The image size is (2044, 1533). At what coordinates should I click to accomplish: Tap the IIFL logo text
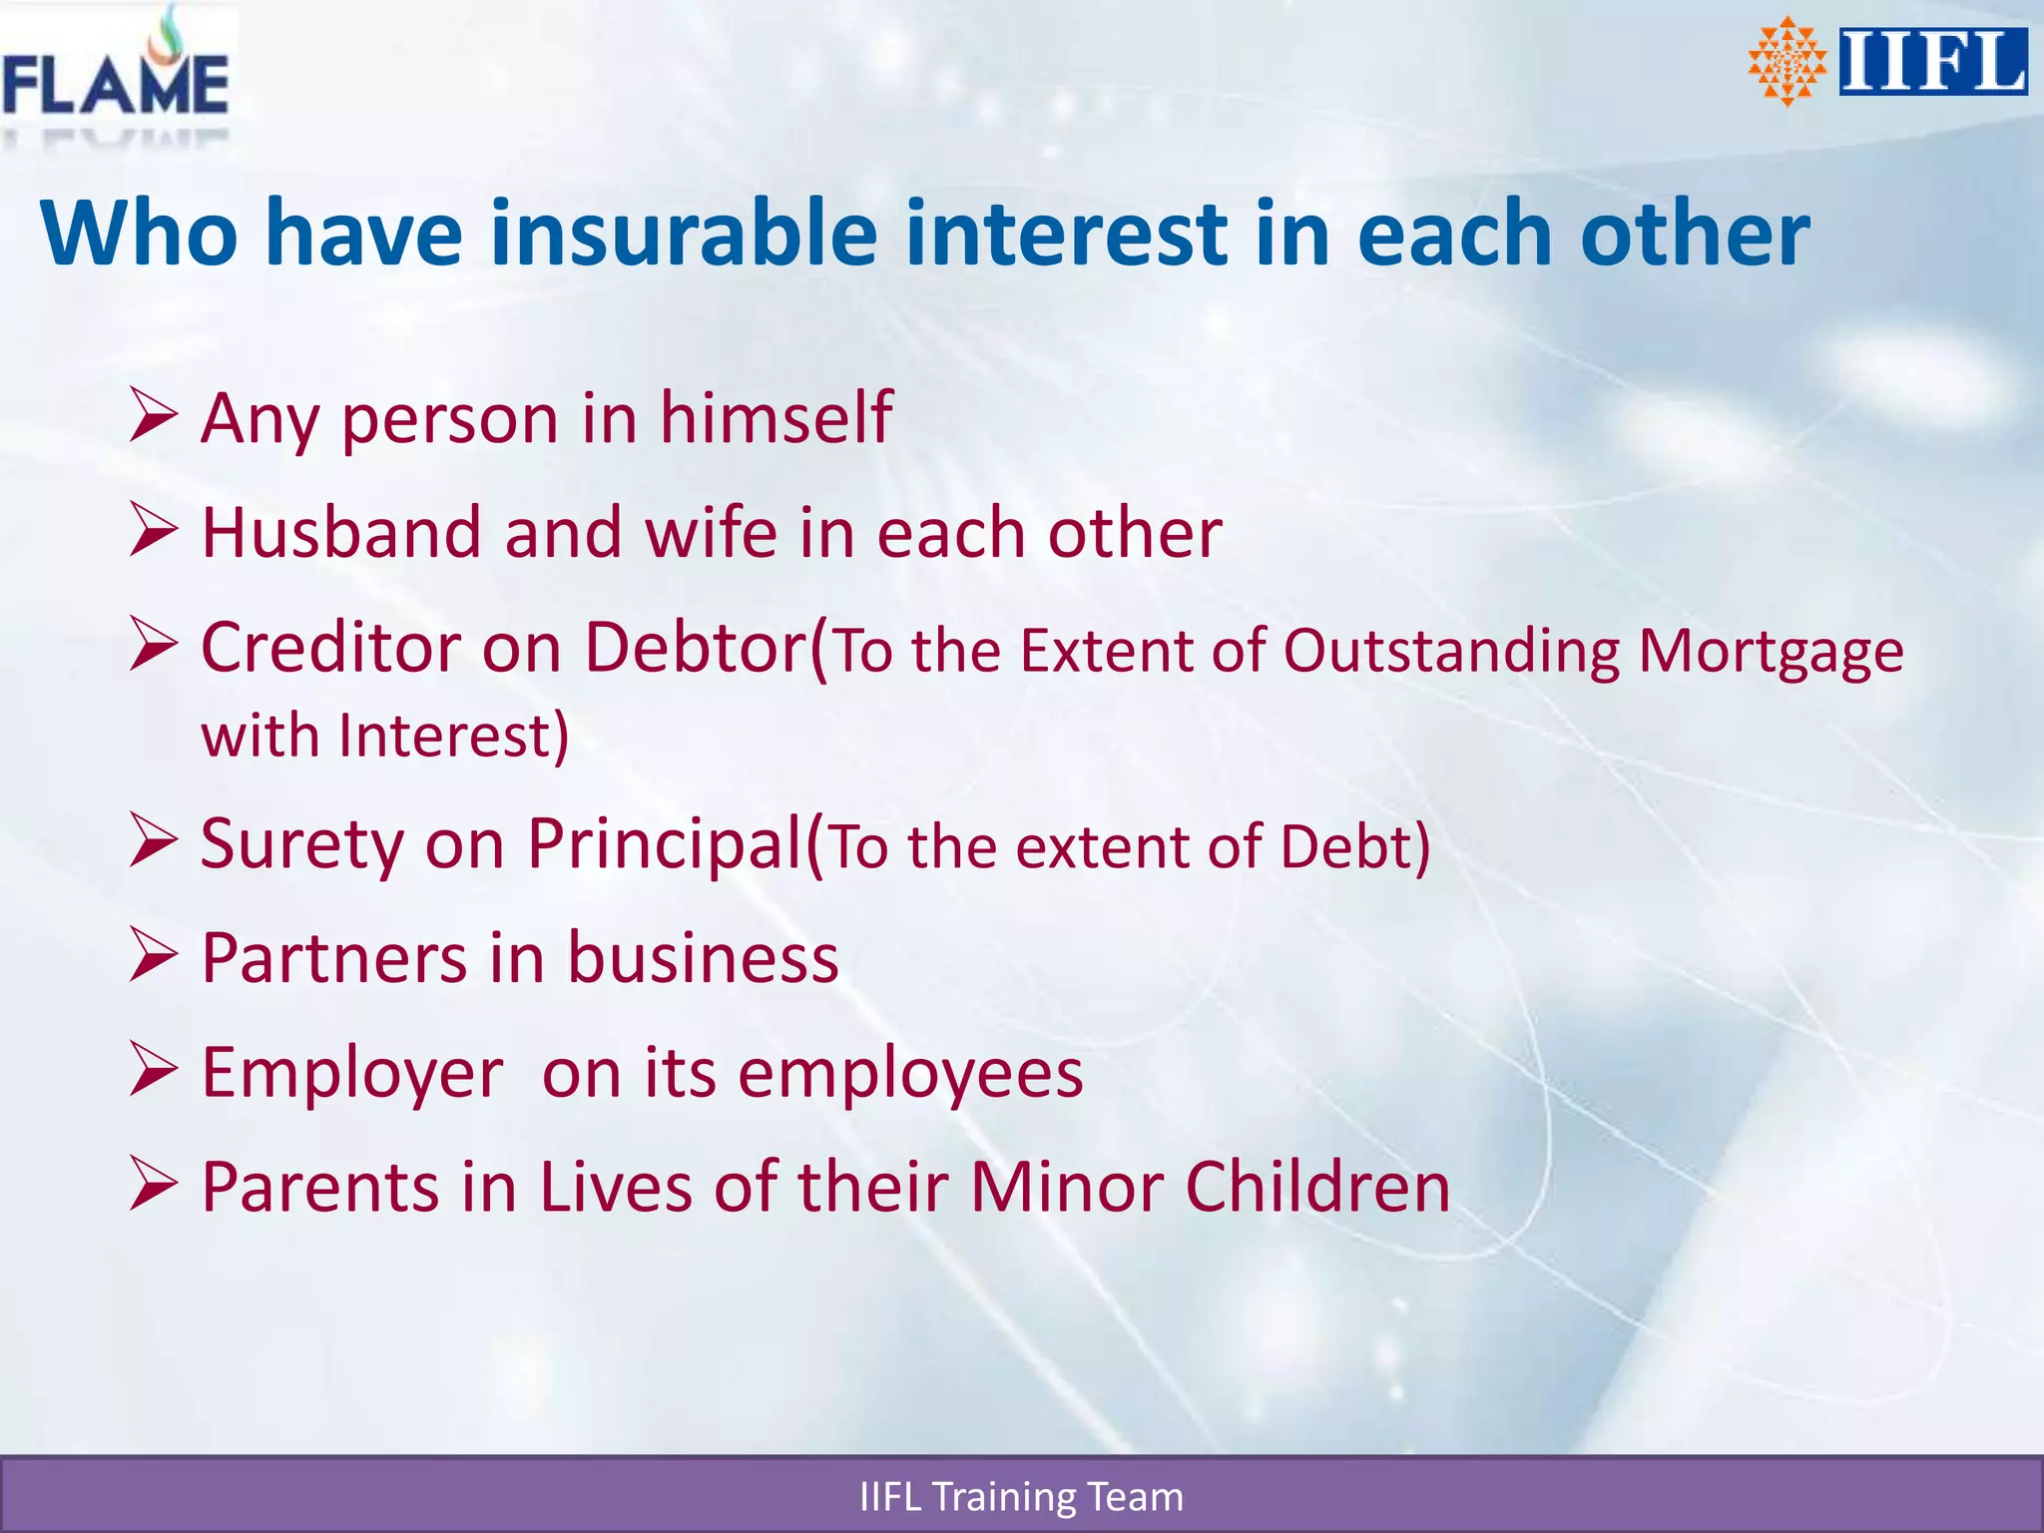pyautogui.click(x=1932, y=62)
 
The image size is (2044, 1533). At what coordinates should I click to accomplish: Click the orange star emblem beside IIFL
pyautogui.click(x=1787, y=62)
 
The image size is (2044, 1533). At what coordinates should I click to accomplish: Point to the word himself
pyautogui.click(x=775, y=417)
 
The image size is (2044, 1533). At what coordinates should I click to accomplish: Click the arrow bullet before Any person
pyautogui.click(x=154, y=416)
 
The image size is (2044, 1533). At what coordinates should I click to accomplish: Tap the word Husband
pyautogui.click(x=341, y=532)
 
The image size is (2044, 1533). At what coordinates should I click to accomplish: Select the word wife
pyautogui.click(x=712, y=532)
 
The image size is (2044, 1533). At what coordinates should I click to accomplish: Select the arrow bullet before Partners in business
pyautogui.click(x=154, y=956)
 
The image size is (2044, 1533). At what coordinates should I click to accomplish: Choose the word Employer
pyautogui.click(x=352, y=1074)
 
